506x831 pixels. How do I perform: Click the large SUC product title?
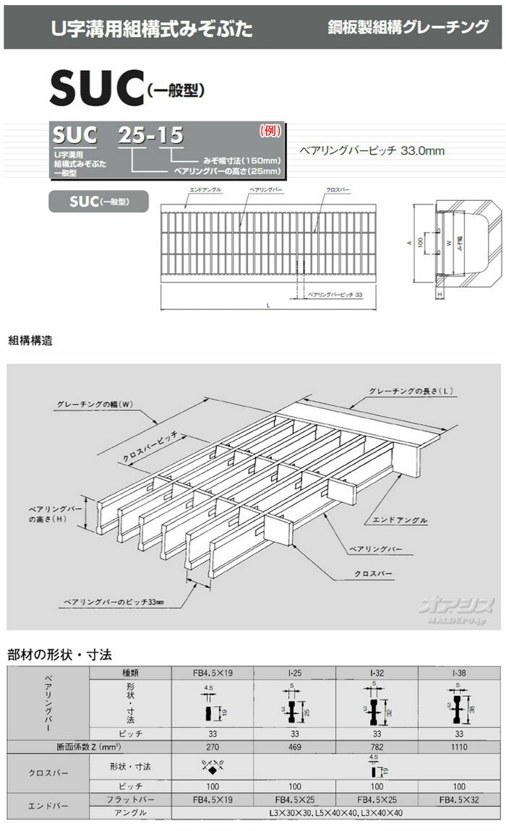point(95,90)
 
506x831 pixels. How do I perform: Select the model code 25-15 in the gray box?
point(150,135)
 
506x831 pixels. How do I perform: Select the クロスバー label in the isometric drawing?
point(374,573)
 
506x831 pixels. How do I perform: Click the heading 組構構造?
point(30,339)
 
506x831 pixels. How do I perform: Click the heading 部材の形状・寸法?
point(59,655)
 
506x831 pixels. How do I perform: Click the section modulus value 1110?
point(459,746)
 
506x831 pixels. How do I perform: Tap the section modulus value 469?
point(294,746)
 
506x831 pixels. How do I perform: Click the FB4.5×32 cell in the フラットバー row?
point(459,800)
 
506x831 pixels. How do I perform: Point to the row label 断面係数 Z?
point(48,746)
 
